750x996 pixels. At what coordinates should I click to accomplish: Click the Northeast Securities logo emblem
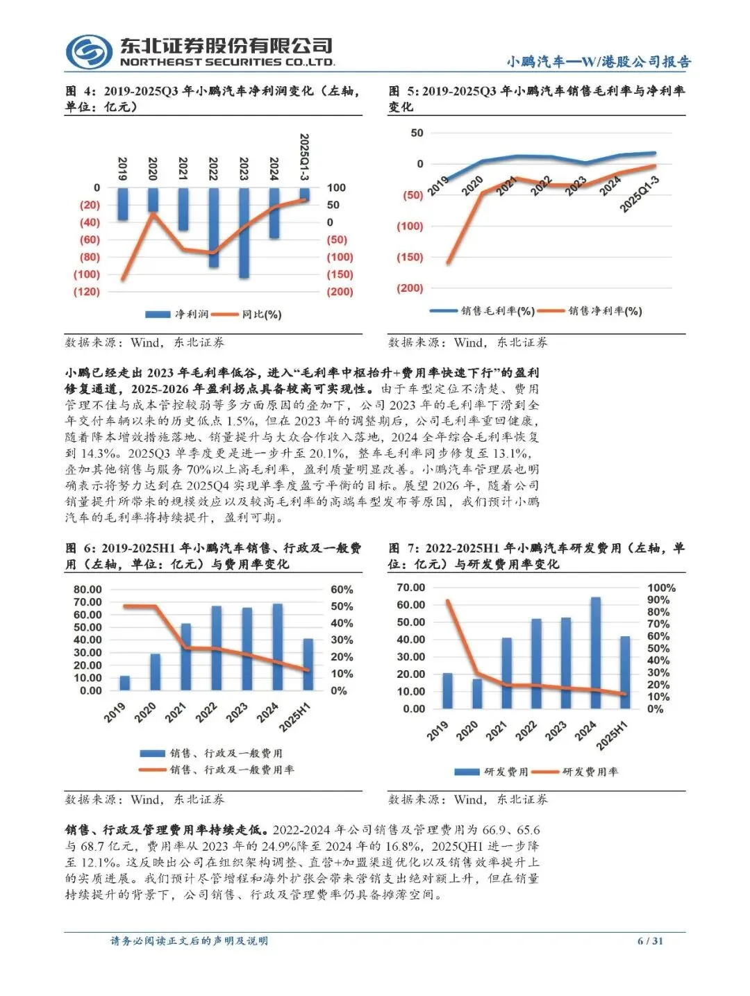pyautogui.click(x=90, y=52)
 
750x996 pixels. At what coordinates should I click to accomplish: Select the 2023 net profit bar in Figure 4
pyautogui.click(x=244, y=233)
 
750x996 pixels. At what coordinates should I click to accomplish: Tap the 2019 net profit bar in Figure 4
pyautogui.click(x=123, y=204)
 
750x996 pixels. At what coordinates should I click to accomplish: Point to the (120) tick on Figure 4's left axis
pyautogui.click(x=87, y=292)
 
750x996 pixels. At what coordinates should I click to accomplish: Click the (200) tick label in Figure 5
pyautogui.click(x=410, y=288)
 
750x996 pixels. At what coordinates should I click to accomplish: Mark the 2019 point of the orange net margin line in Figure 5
pyautogui.click(x=448, y=263)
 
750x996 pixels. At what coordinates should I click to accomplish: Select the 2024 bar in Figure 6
pyautogui.click(x=278, y=647)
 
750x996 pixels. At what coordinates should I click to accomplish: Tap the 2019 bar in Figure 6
pyautogui.click(x=125, y=683)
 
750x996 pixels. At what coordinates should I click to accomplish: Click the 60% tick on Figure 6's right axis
pyautogui.click(x=342, y=590)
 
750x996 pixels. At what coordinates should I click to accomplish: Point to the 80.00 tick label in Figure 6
pyautogui.click(x=88, y=590)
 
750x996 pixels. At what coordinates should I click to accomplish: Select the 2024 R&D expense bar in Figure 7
pyautogui.click(x=595, y=652)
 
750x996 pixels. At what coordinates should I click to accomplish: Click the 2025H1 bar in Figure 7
pyautogui.click(x=625, y=672)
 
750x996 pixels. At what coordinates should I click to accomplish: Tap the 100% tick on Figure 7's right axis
pyautogui.click(x=660, y=588)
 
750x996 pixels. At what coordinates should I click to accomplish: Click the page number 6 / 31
pyautogui.click(x=651, y=941)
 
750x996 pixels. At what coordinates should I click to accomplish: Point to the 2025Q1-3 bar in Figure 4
pyautogui.click(x=305, y=195)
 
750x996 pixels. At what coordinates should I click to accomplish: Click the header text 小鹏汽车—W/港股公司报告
pyautogui.click(x=599, y=62)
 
